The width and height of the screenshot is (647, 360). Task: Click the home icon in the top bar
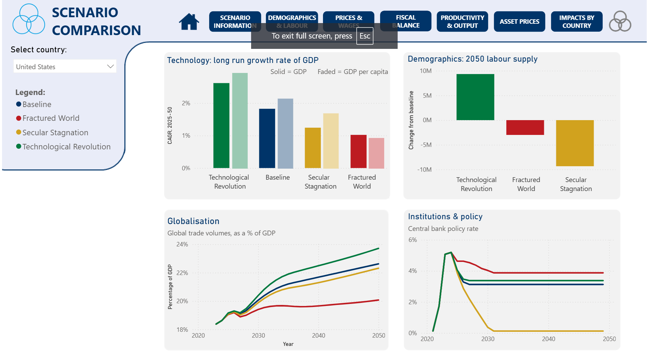click(x=189, y=22)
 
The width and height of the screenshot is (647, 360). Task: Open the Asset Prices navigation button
click(x=519, y=22)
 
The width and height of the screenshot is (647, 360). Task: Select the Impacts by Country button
click(x=576, y=22)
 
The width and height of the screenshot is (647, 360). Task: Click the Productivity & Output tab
click(x=462, y=22)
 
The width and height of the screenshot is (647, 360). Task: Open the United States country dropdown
click(x=65, y=66)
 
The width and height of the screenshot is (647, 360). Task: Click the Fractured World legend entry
click(x=51, y=118)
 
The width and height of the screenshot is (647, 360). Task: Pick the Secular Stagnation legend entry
click(x=55, y=133)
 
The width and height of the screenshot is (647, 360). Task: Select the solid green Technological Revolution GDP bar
click(x=221, y=126)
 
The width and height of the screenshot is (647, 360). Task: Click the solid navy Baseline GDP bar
click(x=267, y=138)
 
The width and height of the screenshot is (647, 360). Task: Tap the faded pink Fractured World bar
click(x=376, y=153)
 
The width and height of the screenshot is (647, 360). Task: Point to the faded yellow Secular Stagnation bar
click(x=331, y=141)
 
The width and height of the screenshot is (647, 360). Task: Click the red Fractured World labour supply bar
click(x=525, y=127)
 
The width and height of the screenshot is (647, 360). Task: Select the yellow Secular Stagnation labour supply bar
click(x=575, y=143)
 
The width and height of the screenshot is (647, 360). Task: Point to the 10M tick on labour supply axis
click(x=425, y=71)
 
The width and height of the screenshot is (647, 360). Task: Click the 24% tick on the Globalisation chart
click(x=182, y=244)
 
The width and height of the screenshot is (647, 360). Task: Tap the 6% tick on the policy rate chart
click(x=413, y=240)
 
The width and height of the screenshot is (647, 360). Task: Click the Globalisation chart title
click(x=193, y=221)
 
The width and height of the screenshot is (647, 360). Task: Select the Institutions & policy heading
click(x=445, y=216)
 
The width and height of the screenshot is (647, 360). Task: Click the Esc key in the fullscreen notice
click(x=365, y=36)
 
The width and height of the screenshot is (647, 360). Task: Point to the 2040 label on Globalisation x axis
click(x=319, y=336)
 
